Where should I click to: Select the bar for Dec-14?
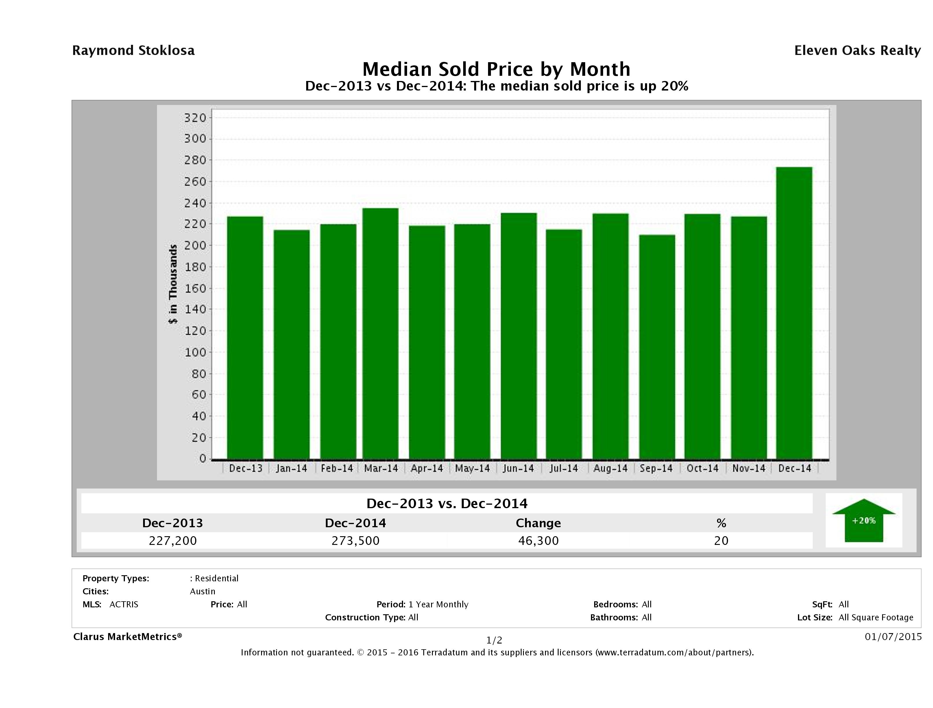tap(794, 313)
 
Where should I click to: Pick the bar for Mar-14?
tap(380, 333)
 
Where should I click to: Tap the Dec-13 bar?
tap(245, 338)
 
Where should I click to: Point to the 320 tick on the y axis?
tap(195, 118)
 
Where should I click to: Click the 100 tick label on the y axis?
tap(195, 352)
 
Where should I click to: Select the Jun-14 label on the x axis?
tap(518, 468)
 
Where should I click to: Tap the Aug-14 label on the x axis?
tap(610, 468)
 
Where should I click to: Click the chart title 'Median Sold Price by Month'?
tap(496, 69)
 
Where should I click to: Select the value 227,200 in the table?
tap(173, 541)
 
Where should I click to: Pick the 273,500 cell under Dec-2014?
tap(356, 541)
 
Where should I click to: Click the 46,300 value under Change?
tap(538, 541)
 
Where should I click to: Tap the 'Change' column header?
tap(538, 523)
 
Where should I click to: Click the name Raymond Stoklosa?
tap(133, 51)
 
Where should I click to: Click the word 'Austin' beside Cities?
tap(202, 591)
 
